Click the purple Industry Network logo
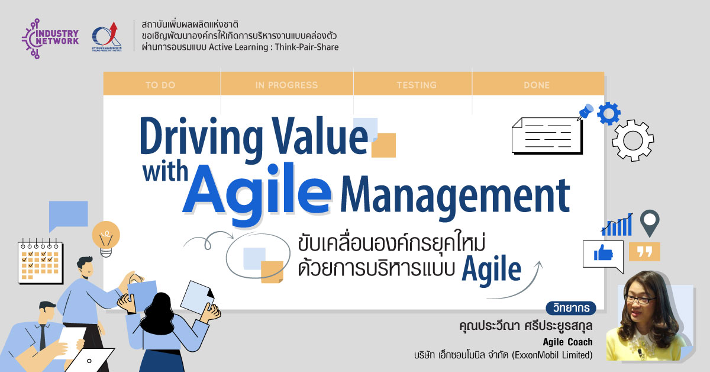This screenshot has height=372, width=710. [x=50, y=39]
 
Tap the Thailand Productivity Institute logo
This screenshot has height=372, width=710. [x=106, y=36]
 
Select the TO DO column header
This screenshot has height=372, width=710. [x=160, y=85]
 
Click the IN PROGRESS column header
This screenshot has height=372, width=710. [x=286, y=85]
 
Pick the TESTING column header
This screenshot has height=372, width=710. [x=417, y=85]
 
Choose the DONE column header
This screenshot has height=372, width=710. [x=537, y=85]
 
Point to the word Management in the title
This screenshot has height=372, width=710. [x=455, y=196]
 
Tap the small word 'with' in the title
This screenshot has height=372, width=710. [x=165, y=171]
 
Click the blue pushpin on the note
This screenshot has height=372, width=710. [x=585, y=111]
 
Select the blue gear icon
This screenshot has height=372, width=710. [x=609, y=113]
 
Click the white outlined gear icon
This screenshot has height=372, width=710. [x=632, y=140]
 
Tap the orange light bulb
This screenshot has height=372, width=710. [x=106, y=239]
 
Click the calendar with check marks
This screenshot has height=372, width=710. [x=40, y=262]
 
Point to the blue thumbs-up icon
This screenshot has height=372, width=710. [x=603, y=254]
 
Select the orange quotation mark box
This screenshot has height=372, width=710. [x=644, y=251]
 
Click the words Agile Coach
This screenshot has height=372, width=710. [x=567, y=342]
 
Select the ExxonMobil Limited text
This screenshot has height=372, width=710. [x=552, y=355]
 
